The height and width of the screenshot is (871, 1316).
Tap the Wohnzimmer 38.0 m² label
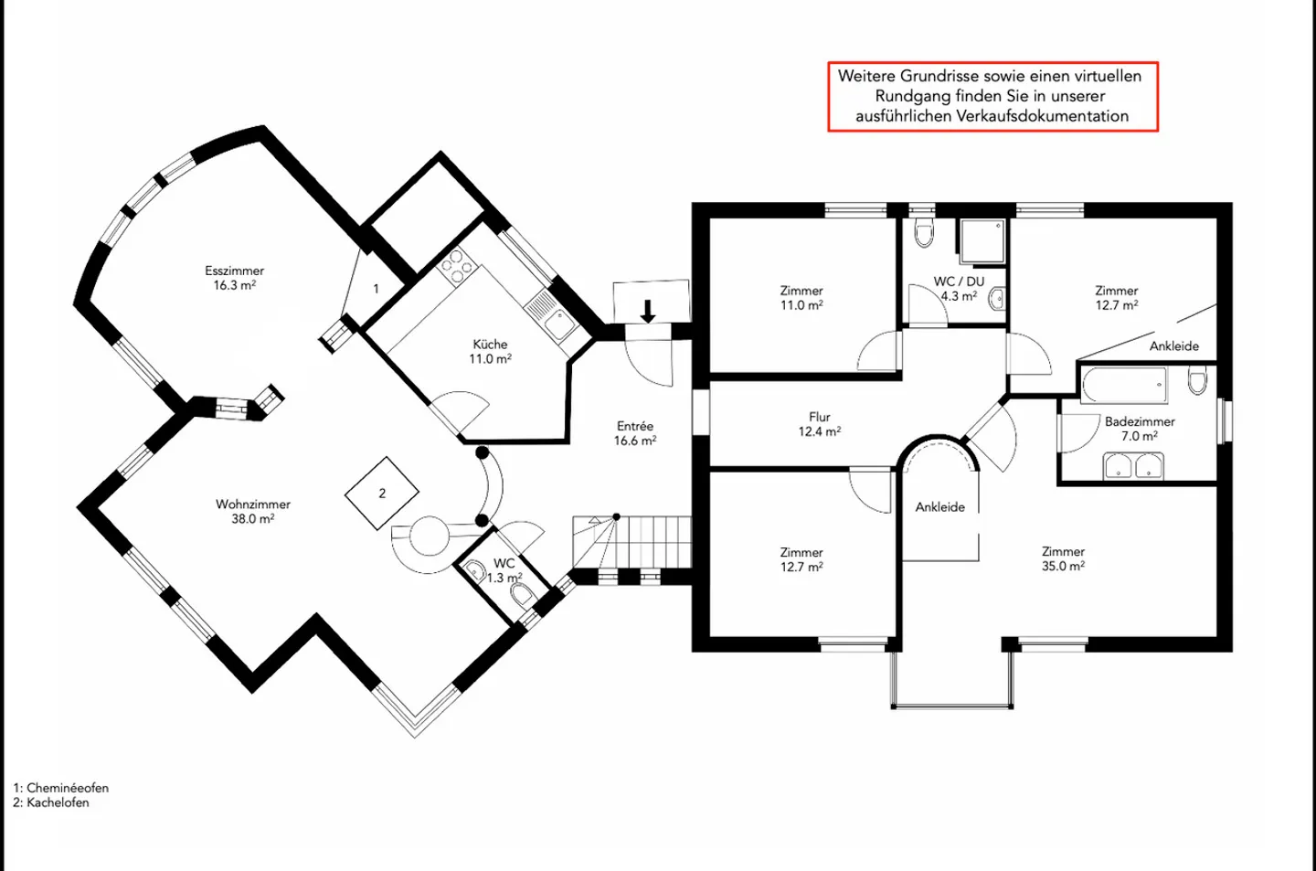point(253,511)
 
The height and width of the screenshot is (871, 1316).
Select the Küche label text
point(490,345)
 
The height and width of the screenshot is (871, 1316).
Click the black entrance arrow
point(647,312)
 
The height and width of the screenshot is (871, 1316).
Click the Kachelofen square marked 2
point(382,494)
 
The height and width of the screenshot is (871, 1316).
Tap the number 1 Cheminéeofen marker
point(376,289)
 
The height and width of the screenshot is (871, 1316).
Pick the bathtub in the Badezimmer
point(1124,385)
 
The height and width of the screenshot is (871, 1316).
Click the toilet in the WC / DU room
point(924,233)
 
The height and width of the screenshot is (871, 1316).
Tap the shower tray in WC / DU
point(982,241)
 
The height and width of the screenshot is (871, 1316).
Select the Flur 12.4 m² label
point(820,424)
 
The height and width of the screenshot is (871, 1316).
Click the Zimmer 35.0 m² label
point(1064,559)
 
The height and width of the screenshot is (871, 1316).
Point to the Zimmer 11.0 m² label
point(801,298)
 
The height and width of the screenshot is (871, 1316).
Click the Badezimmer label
point(1140,422)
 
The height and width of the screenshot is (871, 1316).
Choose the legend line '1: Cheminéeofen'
point(61,788)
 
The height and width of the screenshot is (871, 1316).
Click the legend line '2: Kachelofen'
point(51,802)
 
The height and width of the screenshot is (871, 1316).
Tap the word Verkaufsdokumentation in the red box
point(992,116)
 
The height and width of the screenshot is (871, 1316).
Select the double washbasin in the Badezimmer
point(1133,466)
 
